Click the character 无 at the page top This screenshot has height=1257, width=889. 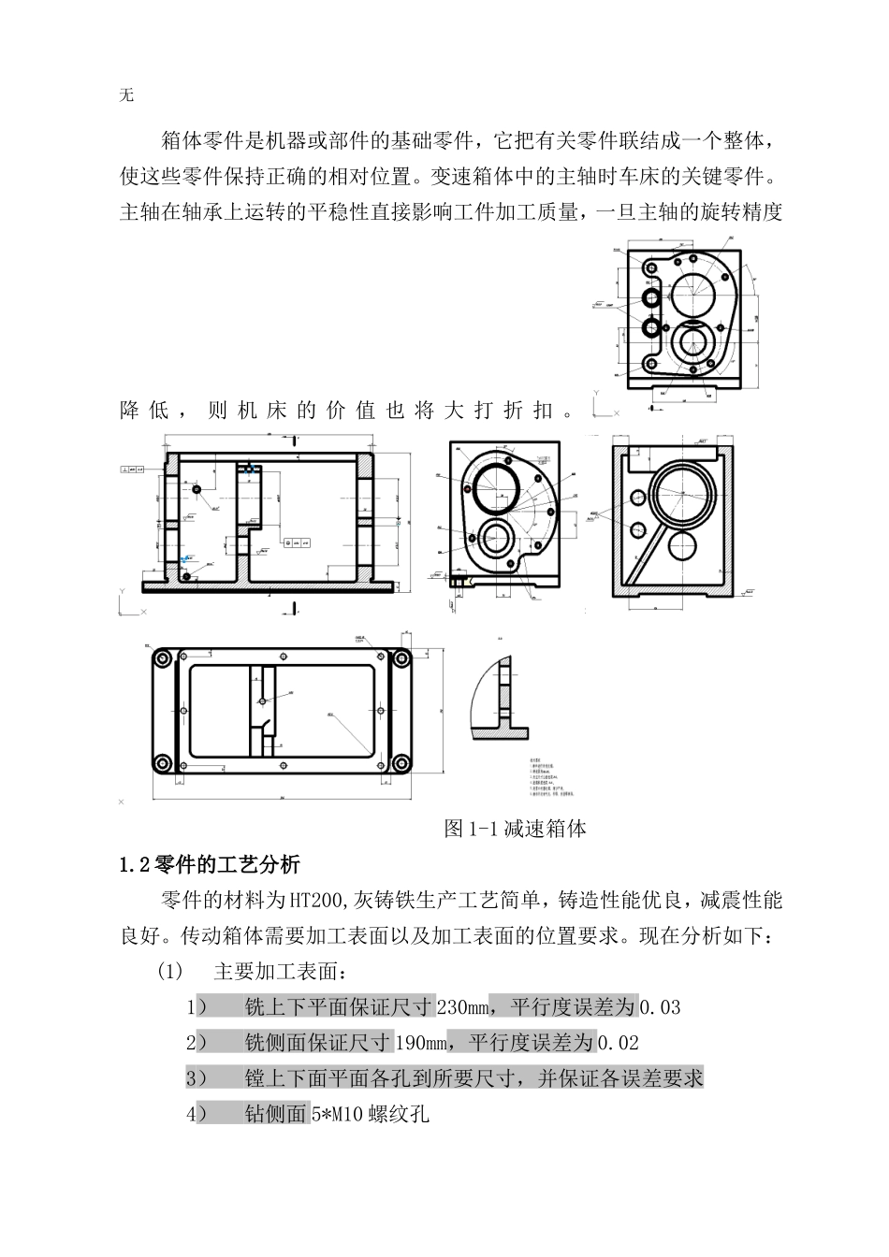127,95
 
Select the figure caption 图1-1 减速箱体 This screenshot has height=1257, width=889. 516,828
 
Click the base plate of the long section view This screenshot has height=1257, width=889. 271,586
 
